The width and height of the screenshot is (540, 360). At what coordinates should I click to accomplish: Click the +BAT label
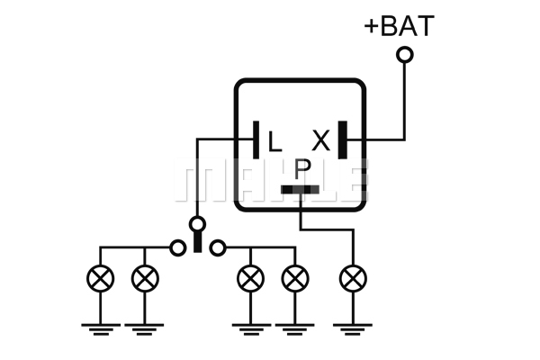[x=399, y=25]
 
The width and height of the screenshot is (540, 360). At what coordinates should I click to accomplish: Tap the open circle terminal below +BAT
[x=405, y=55]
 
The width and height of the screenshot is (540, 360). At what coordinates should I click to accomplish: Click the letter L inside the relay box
[x=274, y=141]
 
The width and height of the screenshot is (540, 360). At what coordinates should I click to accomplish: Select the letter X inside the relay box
[x=321, y=140]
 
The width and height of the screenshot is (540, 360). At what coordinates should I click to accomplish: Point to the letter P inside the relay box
[x=302, y=169]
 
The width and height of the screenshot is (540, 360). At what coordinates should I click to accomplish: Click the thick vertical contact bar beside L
[x=256, y=139]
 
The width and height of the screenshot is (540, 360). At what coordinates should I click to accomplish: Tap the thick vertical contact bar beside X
[x=343, y=139]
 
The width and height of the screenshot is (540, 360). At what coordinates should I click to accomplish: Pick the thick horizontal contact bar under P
[x=300, y=190]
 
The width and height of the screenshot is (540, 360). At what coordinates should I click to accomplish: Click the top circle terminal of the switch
[x=197, y=225]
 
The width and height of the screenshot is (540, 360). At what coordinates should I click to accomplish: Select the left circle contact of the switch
[x=178, y=248]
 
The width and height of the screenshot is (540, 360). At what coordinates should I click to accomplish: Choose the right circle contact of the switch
[x=218, y=248]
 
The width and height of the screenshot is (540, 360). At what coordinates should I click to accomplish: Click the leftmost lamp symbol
[x=101, y=279]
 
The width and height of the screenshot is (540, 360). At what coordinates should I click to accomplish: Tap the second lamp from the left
[x=145, y=279]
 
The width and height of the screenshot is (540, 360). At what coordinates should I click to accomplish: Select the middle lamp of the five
[x=251, y=279]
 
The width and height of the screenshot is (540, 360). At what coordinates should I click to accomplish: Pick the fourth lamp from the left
[x=295, y=279]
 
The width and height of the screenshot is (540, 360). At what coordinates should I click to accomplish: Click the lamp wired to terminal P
[x=353, y=279]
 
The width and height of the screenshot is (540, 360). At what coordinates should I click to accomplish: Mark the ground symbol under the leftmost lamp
[x=101, y=329]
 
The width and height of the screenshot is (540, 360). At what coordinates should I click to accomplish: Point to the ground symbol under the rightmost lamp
[x=353, y=329]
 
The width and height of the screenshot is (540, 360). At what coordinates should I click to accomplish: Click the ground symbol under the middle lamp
[x=251, y=329]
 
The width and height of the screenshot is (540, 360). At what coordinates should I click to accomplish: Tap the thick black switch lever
[x=197, y=241]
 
